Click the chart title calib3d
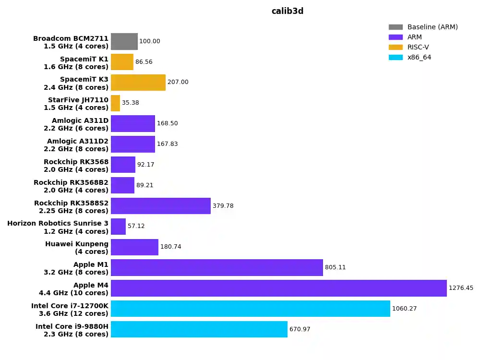[x=288, y=11]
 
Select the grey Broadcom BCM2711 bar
[x=124, y=41]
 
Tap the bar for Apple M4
[x=278, y=288]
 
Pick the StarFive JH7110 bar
[x=115, y=103]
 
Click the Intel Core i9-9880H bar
[x=199, y=329]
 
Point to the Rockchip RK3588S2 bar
[x=161, y=206]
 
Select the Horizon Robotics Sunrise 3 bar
[x=118, y=227]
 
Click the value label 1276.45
[x=461, y=288]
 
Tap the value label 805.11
[x=335, y=267]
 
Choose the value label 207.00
[x=178, y=82]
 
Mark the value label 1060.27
[x=404, y=309]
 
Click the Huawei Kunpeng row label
[x=77, y=248]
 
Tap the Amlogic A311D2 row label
[x=78, y=145]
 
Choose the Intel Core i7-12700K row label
[x=70, y=310]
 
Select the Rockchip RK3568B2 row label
[x=71, y=186]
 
